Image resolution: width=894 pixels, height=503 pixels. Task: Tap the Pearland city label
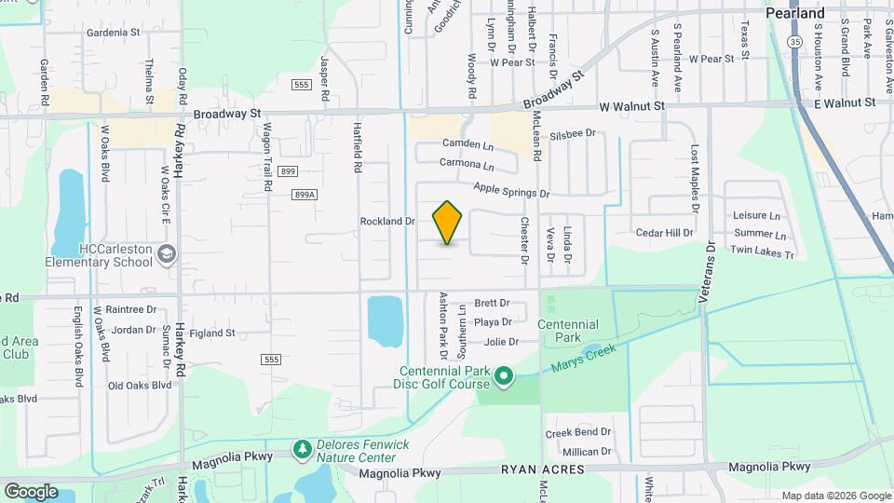pos(794,14)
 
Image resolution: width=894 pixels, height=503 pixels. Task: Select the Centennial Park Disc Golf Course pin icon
pos(504,376)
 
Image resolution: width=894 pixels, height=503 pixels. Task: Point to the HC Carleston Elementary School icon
pos(166,254)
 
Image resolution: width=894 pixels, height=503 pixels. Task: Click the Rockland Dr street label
pos(386,222)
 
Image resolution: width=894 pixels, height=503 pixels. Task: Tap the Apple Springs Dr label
pos(511,190)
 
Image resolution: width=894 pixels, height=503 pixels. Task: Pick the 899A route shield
pos(305,195)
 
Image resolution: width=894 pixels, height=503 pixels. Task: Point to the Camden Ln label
pos(467,144)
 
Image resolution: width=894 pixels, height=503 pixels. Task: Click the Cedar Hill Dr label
pos(664,233)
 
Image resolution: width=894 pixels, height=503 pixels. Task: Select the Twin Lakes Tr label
pos(762,251)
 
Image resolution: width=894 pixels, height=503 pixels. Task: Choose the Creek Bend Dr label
pos(577,432)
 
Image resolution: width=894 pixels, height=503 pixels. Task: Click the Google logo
pos(31,491)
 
